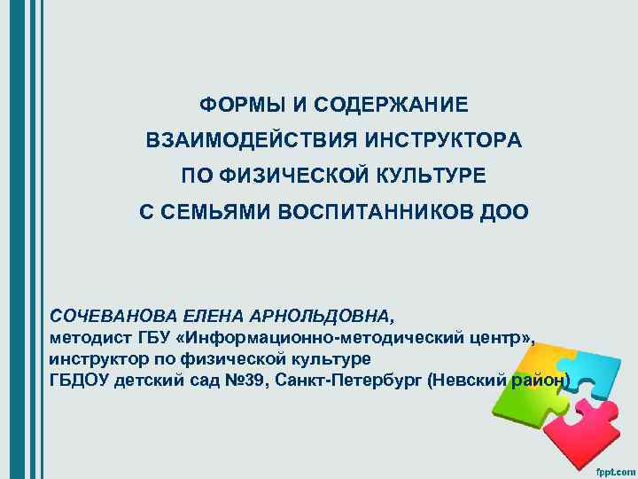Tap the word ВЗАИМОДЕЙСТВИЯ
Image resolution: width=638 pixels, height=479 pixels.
tap(249, 141)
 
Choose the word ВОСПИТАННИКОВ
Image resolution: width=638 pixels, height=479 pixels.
tap(383, 213)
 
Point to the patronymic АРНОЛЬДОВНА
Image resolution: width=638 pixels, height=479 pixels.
tap(322, 316)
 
